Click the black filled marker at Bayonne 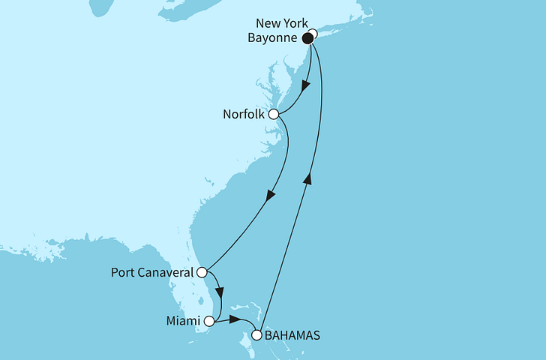[307, 37]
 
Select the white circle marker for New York [313, 34]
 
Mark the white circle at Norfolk [274, 115]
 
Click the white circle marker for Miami [209, 322]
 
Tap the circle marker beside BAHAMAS [257, 335]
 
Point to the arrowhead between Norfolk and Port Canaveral [268, 196]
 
